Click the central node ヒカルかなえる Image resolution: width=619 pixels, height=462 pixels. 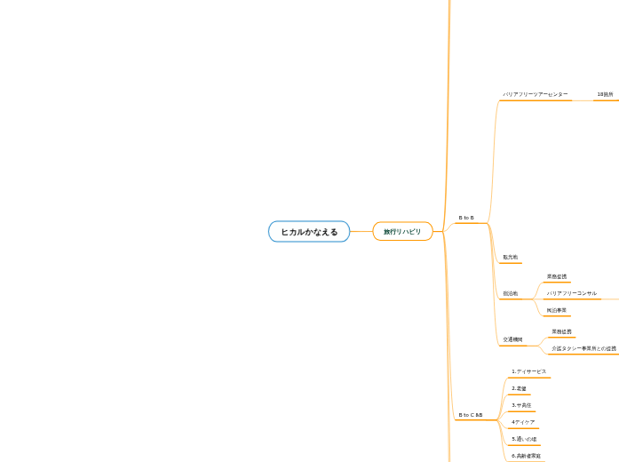[309, 232]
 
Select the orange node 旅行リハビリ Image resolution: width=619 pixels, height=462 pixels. [402, 232]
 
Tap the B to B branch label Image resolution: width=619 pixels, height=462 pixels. [466, 218]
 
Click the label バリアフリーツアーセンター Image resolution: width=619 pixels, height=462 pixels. [536, 94]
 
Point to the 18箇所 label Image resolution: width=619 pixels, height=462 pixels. [605, 94]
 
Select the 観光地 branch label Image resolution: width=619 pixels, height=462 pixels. [510, 258]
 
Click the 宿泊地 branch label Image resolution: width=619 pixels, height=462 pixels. [510, 293]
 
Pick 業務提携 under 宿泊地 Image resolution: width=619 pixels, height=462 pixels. [557, 277]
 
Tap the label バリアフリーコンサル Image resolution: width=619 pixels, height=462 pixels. [571, 293]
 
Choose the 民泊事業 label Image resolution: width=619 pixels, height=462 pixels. [557, 310]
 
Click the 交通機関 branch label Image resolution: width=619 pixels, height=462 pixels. [512, 339]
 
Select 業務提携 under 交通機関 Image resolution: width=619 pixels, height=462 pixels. [561, 331]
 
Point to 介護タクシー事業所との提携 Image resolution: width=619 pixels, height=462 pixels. [583, 348]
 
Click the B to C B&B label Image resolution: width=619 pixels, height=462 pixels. [470, 415]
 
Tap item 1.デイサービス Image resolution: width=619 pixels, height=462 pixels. [529, 371]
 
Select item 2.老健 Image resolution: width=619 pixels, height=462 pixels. [519, 388]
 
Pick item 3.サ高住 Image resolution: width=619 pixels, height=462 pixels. [521, 405]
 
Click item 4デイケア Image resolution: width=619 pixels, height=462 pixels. [523, 422]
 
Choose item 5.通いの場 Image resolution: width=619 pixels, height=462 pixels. [524, 439]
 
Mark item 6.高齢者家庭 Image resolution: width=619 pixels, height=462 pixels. [527, 456]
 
